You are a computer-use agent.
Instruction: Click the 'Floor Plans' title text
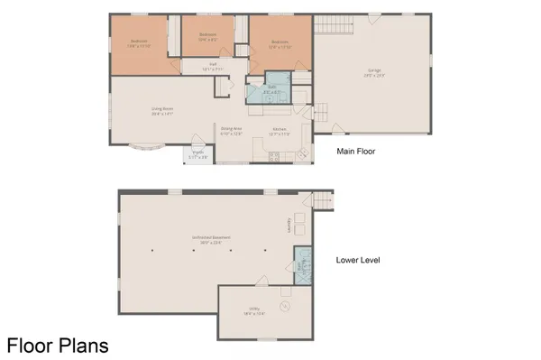point(60,344)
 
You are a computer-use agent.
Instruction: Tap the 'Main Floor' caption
point(356,152)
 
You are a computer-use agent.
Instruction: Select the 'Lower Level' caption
point(358,260)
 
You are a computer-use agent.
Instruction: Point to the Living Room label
point(162,112)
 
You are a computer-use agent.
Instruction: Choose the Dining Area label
point(233,131)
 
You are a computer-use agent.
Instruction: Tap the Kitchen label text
point(280,131)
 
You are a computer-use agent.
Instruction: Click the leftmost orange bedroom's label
point(139,43)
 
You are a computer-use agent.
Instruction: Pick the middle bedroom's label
point(208,38)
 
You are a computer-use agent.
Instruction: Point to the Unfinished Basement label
point(211,239)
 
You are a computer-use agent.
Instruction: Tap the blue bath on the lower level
point(300,264)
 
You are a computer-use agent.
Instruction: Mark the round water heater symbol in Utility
point(285,306)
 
